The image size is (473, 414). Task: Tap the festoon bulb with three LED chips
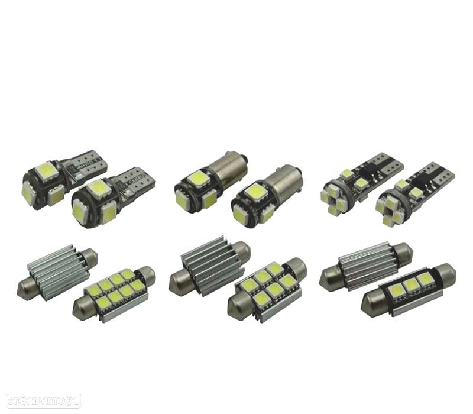[x=408, y=289]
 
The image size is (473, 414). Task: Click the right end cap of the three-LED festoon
[x=448, y=276]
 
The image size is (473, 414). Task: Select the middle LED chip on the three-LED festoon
[x=409, y=284]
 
